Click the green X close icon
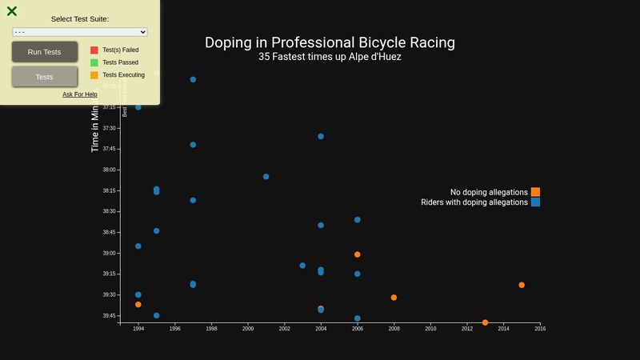click(12, 11)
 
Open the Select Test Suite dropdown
click(80, 32)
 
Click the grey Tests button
click(45, 77)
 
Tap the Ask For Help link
click(80, 94)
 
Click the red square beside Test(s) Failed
click(94, 50)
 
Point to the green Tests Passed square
click(94, 62)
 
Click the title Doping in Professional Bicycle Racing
click(330, 42)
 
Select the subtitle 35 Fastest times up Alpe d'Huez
click(330, 58)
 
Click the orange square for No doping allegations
click(535, 192)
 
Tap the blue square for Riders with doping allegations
click(535, 202)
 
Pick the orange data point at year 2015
click(522, 285)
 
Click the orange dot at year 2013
click(485, 322)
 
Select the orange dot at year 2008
click(394, 298)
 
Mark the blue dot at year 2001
click(266, 177)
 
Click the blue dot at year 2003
click(302, 266)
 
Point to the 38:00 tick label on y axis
click(108, 170)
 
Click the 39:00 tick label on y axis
click(108, 254)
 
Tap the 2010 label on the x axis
click(430, 329)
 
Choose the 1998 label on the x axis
click(211, 329)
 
